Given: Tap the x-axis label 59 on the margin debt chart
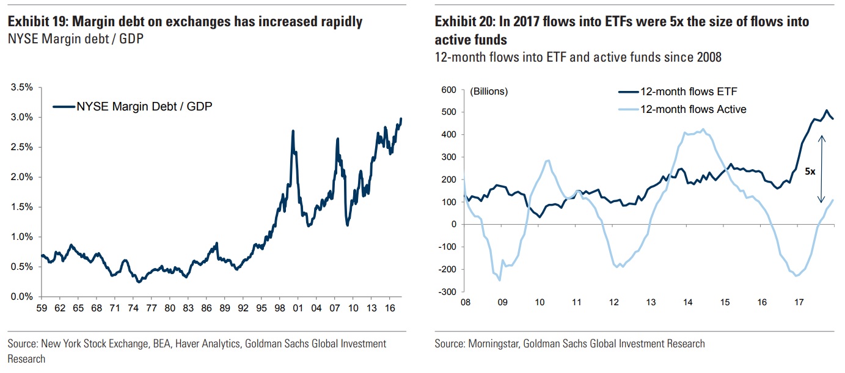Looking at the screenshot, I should point(42,308).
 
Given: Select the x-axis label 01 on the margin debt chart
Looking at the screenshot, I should point(298,308).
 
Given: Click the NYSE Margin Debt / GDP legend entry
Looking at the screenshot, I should point(144,106).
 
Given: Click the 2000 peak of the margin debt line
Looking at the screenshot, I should point(293,131).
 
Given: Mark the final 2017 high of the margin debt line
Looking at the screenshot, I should point(401,118).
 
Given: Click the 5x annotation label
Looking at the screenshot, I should point(810,172).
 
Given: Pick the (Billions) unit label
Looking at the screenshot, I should point(489,92).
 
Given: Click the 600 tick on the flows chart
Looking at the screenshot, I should point(448,90).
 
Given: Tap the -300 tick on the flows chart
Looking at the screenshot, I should point(447,292).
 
